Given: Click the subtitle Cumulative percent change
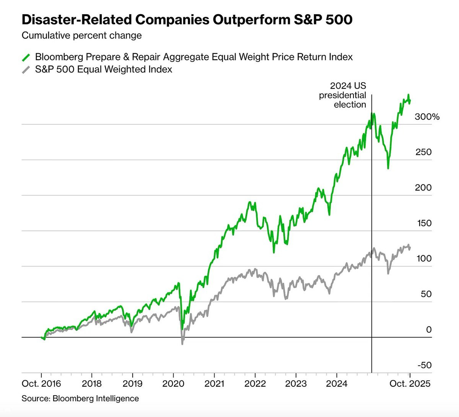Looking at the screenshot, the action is click(x=82, y=36).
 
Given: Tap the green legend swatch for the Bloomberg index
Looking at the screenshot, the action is click(x=26, y=57).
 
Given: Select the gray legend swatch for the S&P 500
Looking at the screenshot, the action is click(x=26, y=70).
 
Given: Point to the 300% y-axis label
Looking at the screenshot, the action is click(x=427, y=117).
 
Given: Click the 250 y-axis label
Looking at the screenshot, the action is click(x=423, y=152).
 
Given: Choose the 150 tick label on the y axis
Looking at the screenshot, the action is click(x=424, y=223).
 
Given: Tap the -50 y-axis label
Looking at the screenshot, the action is click(x=425, y=365).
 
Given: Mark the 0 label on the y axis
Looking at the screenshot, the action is click(x=429, y=329).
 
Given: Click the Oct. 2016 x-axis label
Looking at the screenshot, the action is click(x=41, y=384).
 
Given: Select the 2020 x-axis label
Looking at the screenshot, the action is click(x=173, y=384).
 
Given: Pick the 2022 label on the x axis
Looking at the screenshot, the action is click(x=255, y=384).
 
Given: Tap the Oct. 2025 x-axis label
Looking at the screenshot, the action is click(x=410, y=384).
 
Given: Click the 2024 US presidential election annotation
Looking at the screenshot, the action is click(x=343, y=95).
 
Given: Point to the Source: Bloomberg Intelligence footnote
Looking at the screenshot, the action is click(x=80, y=399).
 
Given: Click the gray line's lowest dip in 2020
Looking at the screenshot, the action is click(x=182, y=344).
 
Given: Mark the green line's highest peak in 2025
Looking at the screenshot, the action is click(x=409, y=94).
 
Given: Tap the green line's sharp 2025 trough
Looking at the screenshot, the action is click(x=388, y=168).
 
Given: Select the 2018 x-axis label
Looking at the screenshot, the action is click(x=91, y=384).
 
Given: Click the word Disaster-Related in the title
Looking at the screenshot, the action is click(x=77, y=20).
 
